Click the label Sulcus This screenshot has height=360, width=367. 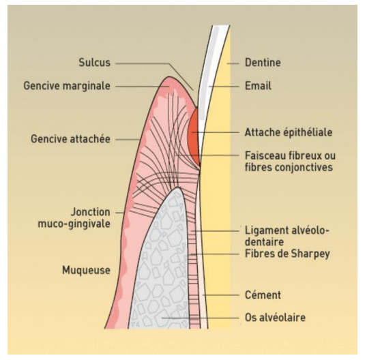pyautogui.click(x=94, y=63)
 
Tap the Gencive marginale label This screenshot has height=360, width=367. pyautogui.click(x=67, y=86)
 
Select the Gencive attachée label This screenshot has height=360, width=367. pyautogui.click(x=70, y=139)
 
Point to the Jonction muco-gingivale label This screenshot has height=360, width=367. pyautogui.click(x=74, y=217)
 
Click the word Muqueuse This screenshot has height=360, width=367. pyautogui.click(x=86, y=270)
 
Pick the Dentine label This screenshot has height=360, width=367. pyautogui.click(x=263, y=63)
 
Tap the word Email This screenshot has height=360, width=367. pyautogui.click(x=258, y=86)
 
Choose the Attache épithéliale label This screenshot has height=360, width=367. pyautogui.click(x=289, y=132)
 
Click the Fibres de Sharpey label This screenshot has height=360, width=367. pyautogui.click(x=287, y=254)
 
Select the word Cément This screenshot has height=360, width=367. pyautogui.click(x=263, y=295)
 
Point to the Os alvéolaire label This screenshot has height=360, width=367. pyautogui.click(x=275, y=318)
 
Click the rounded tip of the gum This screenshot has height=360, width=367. pyautogui.click(x=168, y=77)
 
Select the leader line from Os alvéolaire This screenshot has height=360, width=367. pyautogui.click(x=200, y=318)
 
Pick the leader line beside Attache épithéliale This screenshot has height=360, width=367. pyautogui.click(x=215, y=132)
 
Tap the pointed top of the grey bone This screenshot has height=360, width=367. pyautogui.click(x=178, y=187)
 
